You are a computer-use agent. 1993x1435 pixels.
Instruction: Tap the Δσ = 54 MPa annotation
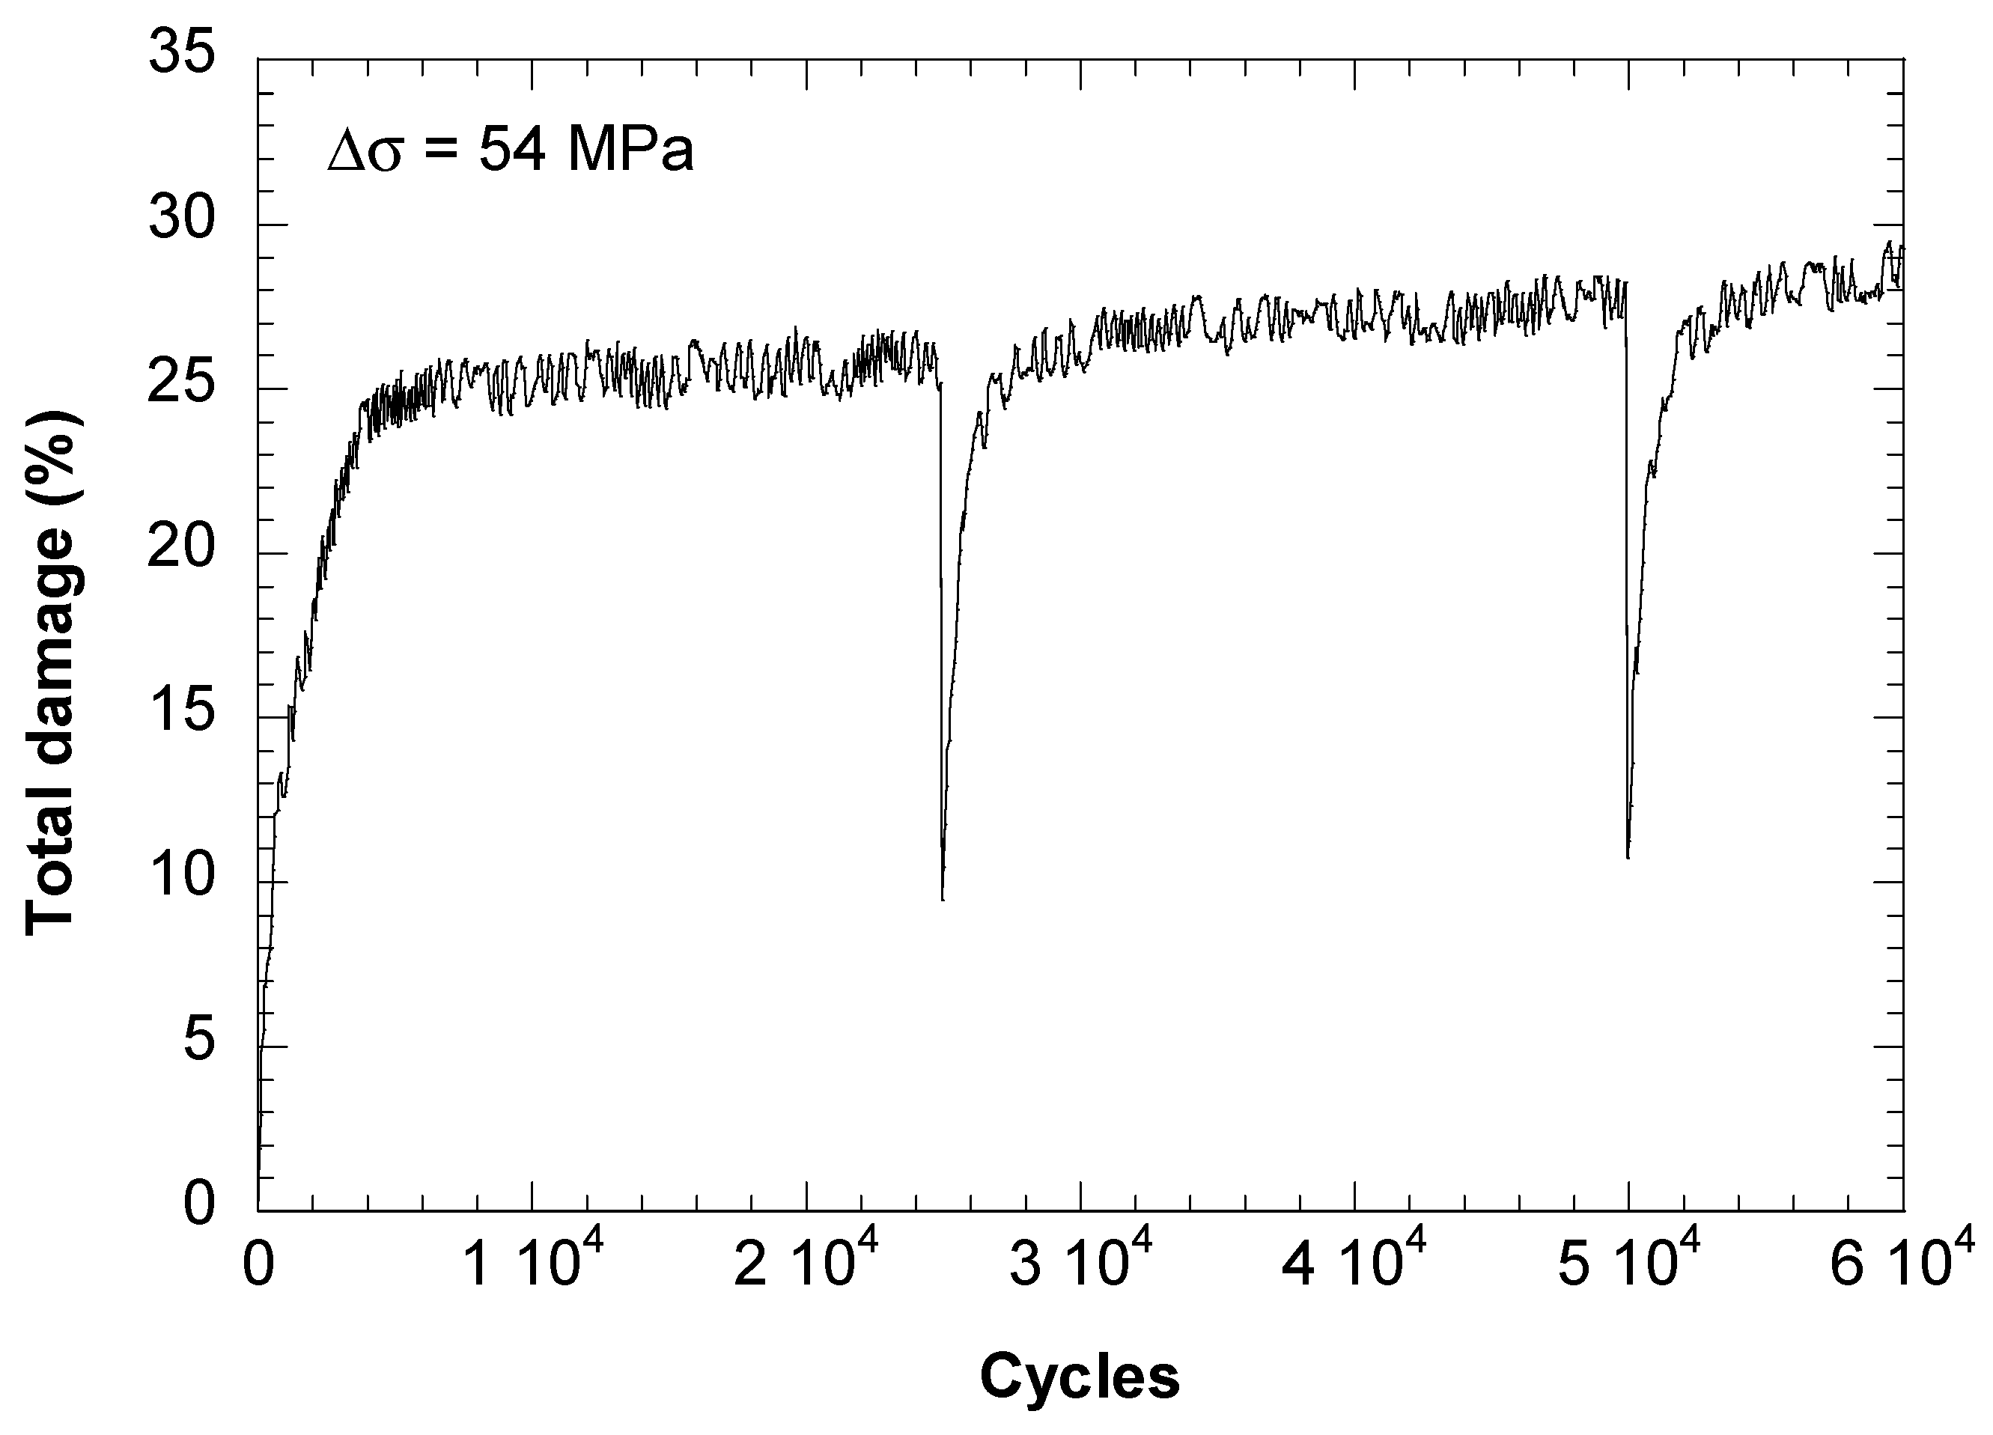pyautogui.click(x=511, y=150)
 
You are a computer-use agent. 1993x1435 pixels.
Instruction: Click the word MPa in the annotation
pyautogui.click(x=630, y=150)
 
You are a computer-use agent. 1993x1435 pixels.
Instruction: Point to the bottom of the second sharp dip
pyautogui.click(x=1628, y=858)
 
